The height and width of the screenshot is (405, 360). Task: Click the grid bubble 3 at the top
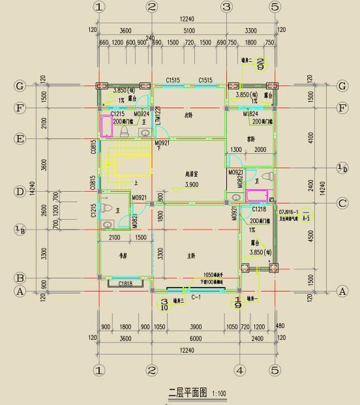[x=226, y=7]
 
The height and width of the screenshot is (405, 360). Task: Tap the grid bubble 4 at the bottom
[x=240, y=370]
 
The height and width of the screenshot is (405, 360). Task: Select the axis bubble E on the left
[x=20, y=138]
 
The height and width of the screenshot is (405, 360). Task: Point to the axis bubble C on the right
[x=342, y=203]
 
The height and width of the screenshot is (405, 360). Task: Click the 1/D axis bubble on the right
[x=342, y=168]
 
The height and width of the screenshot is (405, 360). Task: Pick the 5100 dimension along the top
[x=189, y=31]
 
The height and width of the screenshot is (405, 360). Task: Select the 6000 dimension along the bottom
[x=196, y=338]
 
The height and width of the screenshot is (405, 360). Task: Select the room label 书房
[x=123, y=256]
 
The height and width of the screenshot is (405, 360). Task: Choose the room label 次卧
[x=188, y=114]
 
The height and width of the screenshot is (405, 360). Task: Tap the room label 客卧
[x=251, y=139]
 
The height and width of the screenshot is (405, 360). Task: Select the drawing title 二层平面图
[x=188, y=393]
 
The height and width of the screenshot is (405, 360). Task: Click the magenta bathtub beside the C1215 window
[x=106, y=125]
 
